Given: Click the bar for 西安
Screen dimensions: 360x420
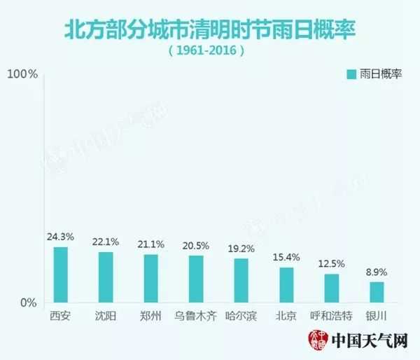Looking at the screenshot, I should (x=61, y=275).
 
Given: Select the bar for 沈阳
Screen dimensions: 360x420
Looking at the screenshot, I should (x=106, y=277).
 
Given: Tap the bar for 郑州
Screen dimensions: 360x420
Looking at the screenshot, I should (x=151, y=278).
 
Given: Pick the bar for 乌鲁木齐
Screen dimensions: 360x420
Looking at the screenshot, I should (x=196, y=279).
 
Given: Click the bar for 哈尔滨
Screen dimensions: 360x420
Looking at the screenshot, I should (x=241, y=280).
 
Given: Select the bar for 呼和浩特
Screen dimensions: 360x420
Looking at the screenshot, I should (x=331, y=288).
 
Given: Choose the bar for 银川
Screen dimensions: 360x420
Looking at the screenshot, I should (x=377, y=292).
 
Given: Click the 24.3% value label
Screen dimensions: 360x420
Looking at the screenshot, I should (x=61, y=237).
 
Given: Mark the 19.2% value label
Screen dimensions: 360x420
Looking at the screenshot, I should (x=241, y=249).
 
